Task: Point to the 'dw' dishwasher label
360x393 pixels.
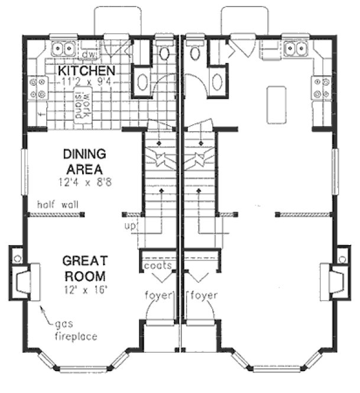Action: click(x=89, y=56)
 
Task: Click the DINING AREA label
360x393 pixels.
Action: click(x=84, y=161)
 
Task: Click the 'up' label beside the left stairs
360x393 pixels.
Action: click(x=130, y=226)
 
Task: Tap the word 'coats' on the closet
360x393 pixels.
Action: click(x=158, y=266)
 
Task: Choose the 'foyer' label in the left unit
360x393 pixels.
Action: click(x=158, y=295)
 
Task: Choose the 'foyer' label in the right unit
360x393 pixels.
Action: click(x=204, y=295)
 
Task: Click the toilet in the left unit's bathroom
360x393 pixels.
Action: click(x=164, y=54)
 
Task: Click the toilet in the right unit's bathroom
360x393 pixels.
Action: click(x=196, y=54)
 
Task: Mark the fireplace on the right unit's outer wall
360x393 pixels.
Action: click(x=335, y=278)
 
